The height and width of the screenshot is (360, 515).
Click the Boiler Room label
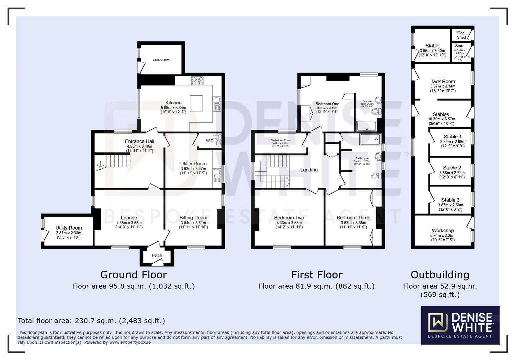[x=161, y=60]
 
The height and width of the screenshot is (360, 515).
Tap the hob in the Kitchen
[x=197, y=80]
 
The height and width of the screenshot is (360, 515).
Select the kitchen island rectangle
[x=196, y=103]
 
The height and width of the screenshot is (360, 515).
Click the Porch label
[x=157, y=255]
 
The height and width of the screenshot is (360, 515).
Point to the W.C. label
[x=210, y=141]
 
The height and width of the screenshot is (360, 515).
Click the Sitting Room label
[x=193, y=218]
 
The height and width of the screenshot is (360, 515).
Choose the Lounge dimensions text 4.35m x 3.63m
[x=129, y=223]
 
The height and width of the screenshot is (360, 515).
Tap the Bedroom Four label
[x=280, y=140]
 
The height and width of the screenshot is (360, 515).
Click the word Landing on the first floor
[x=309, y=170]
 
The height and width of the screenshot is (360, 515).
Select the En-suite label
[x=367, y=101]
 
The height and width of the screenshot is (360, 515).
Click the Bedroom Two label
[x=289, y=218]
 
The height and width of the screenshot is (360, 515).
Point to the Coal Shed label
[x=461, y=35]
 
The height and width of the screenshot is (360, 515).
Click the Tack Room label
[x=443, y=81]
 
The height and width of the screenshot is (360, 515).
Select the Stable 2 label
[x=452, y=168]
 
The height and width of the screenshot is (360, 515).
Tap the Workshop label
[x=443, y=230]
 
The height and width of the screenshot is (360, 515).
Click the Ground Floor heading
[x=133, y=275]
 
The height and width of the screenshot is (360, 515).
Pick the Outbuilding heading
[x=440, y=275]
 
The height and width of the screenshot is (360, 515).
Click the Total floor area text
[x=91, y=321]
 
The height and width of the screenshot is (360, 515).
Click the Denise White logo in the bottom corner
[x=460, y=325]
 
